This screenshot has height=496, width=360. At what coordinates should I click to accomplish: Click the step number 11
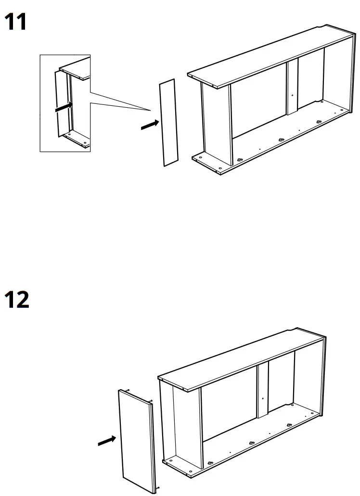[x=16, y=23]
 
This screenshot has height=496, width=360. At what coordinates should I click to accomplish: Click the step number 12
[x=17, y=299]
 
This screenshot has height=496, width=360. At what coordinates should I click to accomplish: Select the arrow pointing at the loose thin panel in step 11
[x=150, y=125]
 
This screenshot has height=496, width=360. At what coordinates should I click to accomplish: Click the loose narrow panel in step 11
[x=168, y=123]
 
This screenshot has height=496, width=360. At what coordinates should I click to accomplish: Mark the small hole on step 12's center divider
[x=262, y=399]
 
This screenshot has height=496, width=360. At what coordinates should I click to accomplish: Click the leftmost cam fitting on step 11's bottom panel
[x=239, y=160]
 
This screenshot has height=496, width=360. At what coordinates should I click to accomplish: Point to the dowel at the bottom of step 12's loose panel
[x=157, y=492]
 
